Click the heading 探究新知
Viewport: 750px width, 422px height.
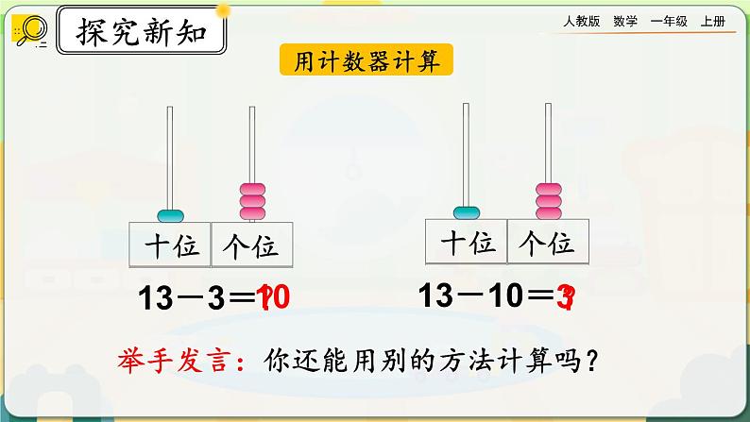pos(142,34)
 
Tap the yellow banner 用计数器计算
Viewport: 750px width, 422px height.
pos(366,61)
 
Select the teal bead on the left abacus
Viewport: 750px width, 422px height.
pos(171,214)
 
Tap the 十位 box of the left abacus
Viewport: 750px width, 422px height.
pos(171,246)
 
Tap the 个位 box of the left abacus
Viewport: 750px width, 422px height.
pos(252,246)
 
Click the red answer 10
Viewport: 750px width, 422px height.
pos(270,298)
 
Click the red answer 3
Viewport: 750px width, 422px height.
pos(566,296)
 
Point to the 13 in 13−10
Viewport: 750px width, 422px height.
pos(438,295)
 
